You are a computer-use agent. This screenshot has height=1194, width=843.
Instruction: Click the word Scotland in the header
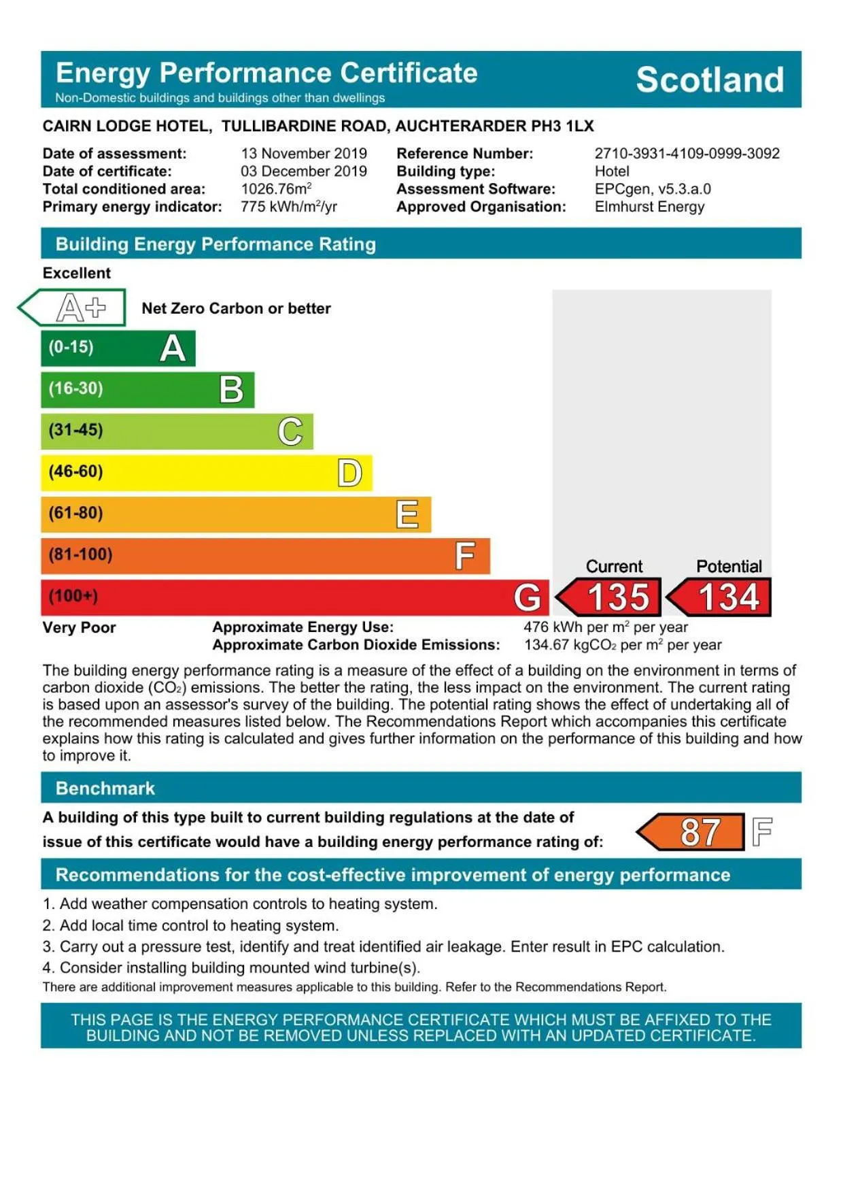pos(709,80)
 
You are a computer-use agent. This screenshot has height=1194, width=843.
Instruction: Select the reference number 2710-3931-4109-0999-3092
pos(687,154)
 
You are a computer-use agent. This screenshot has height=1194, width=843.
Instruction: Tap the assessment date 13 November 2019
pos(303,154)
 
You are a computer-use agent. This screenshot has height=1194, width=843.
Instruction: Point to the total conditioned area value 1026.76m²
pos(276,189)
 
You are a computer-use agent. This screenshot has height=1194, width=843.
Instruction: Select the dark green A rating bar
pos(118,348)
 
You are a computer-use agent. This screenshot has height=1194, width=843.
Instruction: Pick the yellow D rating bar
pos(206,472)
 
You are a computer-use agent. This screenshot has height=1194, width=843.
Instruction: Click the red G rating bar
pos(294,597)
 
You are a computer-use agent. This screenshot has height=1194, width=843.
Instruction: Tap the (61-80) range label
pos(75,513)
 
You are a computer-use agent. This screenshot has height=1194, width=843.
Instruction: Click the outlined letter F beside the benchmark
pos(762,831)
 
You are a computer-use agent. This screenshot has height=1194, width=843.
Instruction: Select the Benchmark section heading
pos(105,789)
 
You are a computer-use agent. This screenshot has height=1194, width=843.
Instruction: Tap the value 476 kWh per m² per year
pos(605,627)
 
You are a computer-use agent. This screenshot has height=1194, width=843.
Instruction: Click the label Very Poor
pos(79,627)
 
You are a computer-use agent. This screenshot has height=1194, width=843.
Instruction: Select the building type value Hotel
pos(612,171)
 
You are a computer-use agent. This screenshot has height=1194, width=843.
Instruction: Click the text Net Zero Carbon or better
pos(236,308)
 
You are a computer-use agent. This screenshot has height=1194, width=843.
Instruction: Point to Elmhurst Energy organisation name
pos(649,207)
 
